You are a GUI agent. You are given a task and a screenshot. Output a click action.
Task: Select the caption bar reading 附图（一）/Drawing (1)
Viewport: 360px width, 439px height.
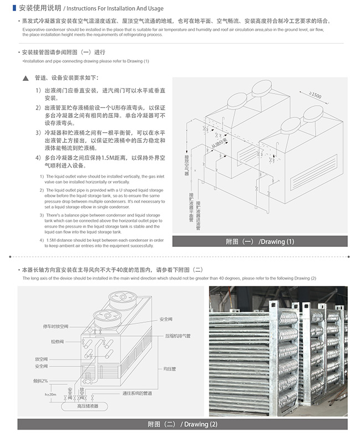coord(260,241)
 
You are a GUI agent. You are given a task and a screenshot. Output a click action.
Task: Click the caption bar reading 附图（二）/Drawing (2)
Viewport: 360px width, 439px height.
coord(182,425)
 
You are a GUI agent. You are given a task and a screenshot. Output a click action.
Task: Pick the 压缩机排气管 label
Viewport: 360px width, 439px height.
coord(178,336)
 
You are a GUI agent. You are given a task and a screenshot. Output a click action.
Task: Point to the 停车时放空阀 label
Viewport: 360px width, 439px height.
coord(55,327)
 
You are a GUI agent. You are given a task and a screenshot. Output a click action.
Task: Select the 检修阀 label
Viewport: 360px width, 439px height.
coord(58,342)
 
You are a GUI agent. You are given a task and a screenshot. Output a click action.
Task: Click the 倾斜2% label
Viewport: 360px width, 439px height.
coord(40,381)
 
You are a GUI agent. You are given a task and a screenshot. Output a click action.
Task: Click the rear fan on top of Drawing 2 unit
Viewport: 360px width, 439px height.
coord(121,297)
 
